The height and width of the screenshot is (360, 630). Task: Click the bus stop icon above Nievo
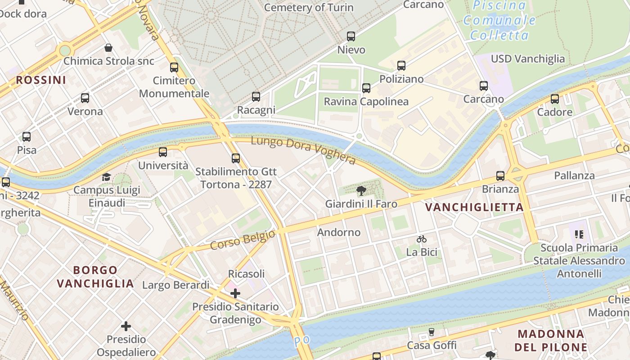coord(351,36)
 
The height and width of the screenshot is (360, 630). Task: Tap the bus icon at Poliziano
coord(401,66)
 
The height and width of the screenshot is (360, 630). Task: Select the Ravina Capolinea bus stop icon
coord(366,88)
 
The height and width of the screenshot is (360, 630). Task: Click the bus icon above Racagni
coord(256,97)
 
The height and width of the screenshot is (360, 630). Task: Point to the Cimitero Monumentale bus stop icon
coord(174,67)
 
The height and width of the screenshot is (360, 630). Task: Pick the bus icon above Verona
coord(85,98)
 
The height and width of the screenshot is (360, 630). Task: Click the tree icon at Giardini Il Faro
coord(361,191)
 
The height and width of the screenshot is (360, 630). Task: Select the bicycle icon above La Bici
coord(422,239)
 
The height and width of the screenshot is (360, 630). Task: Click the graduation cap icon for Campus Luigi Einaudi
coord(106,177)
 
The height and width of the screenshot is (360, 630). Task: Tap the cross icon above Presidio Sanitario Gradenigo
coord(235,294)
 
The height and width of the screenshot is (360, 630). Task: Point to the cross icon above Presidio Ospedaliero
coord(126,326)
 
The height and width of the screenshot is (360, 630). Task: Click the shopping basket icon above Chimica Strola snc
coord(108,48)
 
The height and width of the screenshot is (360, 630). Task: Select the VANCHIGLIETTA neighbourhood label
coord(475,207)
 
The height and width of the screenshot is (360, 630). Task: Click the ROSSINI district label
coord(41,80)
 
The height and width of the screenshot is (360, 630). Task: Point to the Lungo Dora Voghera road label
coord(303,151)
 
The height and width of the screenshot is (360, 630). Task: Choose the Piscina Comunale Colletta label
coord(499,20)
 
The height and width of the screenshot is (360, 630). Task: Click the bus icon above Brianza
coord(500,176)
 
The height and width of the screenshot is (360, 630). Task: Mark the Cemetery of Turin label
coord(309,8)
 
